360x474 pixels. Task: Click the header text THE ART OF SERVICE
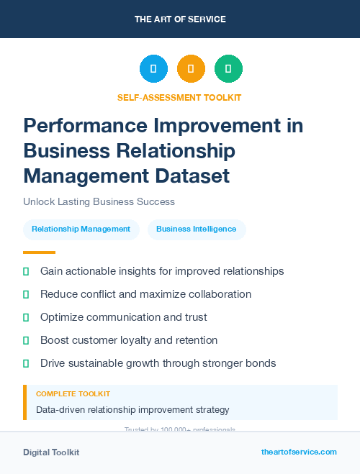(180, 19)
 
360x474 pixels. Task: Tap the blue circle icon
(153, 69)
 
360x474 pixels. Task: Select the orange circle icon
(191, 69)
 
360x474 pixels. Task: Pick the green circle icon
(228, 69)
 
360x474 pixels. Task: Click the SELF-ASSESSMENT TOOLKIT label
(179, 97)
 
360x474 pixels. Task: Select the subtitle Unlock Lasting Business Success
(99, 201)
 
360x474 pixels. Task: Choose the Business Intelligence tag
(197, 229)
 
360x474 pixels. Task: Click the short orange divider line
(39, 252)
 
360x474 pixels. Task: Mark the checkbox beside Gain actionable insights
(26, 272)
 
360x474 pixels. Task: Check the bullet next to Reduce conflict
(26, 295)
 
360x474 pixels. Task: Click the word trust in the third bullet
(194, 317)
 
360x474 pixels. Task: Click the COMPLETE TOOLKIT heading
(73, 394)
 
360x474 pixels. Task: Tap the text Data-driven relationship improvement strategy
(132, 410)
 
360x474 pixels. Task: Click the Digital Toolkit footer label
(51, 452)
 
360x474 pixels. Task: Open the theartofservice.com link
(299, 452)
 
